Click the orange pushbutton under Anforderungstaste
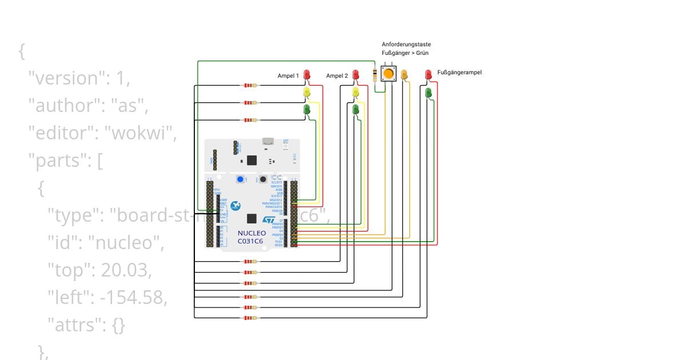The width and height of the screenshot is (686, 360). pos(389,74)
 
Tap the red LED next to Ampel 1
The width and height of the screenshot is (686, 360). pos(307,74)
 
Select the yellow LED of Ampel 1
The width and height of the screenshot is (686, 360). pos(307,91)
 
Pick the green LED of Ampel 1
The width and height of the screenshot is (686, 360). pos(307,109)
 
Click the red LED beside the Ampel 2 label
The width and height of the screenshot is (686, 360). pos(356,74)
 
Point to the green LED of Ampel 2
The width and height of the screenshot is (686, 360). pos(356,109)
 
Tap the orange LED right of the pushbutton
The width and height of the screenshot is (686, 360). pos(404,74)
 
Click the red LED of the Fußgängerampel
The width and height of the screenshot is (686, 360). pos(428,74)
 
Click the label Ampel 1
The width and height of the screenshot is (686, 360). pos(288,75)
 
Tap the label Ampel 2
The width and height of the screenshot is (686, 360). pos(337,75)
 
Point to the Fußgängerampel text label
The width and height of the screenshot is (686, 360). pos(459,73)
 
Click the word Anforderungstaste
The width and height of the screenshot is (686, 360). pos(406,44)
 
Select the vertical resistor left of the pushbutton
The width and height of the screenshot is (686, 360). pos(375,74)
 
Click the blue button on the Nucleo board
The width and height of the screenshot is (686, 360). pos(240,179)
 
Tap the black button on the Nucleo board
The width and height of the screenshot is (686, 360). pos(263,179)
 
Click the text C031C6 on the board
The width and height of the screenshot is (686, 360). pos(252,241)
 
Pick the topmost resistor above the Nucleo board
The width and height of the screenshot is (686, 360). pos(250,86)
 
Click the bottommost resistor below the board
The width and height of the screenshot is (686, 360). pos(250,318)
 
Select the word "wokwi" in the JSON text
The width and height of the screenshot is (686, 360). pos(142,133)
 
